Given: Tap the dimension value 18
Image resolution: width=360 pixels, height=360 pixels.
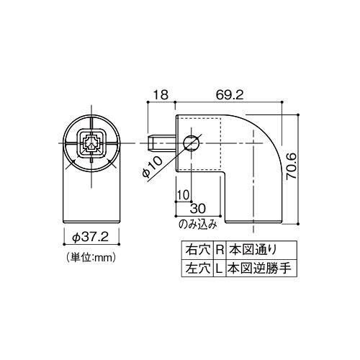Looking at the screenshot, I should coord(160,94).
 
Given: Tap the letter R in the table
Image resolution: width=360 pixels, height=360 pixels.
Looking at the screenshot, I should coord(219,251).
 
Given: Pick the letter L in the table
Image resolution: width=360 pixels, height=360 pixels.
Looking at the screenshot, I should coord(219,268).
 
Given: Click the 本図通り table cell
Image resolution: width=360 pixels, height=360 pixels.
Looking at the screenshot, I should coord(251,251).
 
